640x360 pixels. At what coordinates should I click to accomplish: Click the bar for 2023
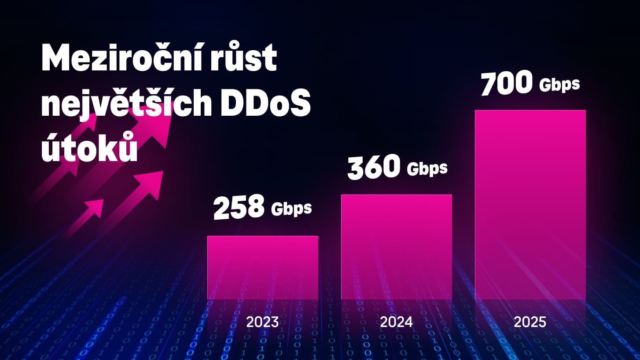click(x=263, y=268)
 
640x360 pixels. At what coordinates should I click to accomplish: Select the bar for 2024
click(x=396, y=246)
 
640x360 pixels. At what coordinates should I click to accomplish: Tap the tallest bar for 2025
click(x=530, y=205)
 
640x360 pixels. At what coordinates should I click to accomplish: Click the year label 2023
click(x=262, y=322)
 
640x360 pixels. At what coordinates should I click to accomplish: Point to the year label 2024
click(x=396, y=322)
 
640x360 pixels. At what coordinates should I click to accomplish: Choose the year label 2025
click(x=530, y=322)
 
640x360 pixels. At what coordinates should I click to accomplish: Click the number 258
click(x=239, y=207)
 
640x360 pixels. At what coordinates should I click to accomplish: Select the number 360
click(x=374, y=168)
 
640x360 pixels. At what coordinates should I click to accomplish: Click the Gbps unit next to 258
click(x=291, y=209)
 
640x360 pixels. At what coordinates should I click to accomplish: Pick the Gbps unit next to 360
click(x=427, y=169)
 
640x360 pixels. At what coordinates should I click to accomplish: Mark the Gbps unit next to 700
click(x=559, y=84)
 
